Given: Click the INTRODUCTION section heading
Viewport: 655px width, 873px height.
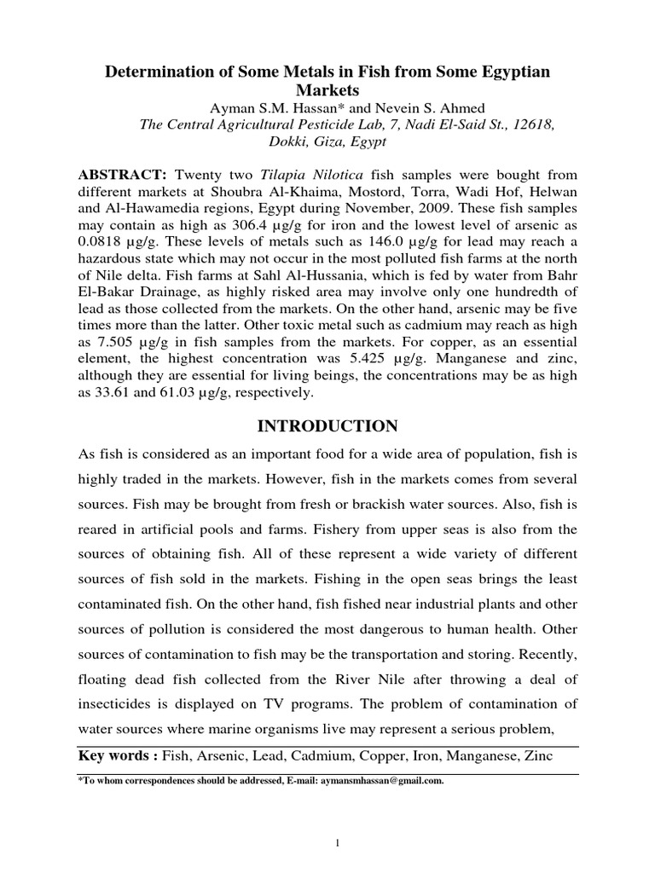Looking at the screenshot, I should pos(327,425).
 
